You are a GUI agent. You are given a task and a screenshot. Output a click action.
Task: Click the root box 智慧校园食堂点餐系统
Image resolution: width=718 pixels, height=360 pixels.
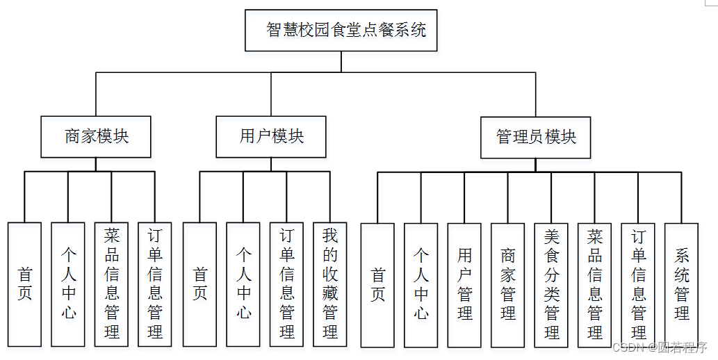(x=341, y=30)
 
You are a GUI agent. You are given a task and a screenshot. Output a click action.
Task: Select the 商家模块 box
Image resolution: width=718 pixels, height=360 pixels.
(x=96, y=137)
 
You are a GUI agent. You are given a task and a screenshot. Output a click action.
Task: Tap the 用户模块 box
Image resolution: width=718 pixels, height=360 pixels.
(x=271, y=137)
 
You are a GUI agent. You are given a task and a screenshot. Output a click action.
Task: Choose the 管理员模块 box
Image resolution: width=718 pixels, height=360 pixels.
(x=536, y=138)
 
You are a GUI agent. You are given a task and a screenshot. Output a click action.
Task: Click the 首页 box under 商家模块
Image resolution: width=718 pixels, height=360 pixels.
(x=24, y=284)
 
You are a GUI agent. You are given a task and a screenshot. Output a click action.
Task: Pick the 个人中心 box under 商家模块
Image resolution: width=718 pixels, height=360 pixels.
(x=68, y=284)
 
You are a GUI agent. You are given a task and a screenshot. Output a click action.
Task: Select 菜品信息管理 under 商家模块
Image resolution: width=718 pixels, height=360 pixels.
(x=111, y=284)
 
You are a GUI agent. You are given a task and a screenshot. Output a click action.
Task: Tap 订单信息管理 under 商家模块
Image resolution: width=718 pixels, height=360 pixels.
(x=155, y=284)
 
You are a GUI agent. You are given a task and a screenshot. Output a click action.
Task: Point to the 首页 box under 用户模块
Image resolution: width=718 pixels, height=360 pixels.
(x=199, y=284)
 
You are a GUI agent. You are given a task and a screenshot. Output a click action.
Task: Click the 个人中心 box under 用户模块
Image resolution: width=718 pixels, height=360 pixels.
(x=243, y=284)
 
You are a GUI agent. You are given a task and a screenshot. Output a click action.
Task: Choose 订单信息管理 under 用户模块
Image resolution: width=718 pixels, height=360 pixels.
(x=286, y=284)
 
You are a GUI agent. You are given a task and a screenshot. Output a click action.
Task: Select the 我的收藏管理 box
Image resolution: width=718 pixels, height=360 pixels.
(x=330, y=284)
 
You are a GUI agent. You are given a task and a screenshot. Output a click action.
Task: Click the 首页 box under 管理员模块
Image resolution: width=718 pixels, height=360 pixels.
(x=377, y=286)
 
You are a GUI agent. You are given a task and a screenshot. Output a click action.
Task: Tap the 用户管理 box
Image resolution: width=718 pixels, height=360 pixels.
(x=464, y=286)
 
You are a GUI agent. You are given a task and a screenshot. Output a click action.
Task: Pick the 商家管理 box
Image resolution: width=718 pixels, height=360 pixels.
(x=508, y=286)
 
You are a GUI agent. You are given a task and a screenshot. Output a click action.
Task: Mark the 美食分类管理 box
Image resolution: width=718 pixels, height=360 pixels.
(x=551, y=286)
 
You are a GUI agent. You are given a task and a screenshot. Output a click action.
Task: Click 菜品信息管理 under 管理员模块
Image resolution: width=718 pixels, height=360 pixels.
(x=595, y=286)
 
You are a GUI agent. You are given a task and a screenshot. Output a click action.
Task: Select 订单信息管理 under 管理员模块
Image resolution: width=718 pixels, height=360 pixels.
(x=638, y=286)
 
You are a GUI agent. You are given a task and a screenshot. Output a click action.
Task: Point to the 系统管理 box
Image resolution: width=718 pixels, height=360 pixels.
(x=681, y=286)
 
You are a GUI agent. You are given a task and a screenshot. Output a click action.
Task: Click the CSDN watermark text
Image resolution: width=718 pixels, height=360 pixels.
(x=660, y=347)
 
